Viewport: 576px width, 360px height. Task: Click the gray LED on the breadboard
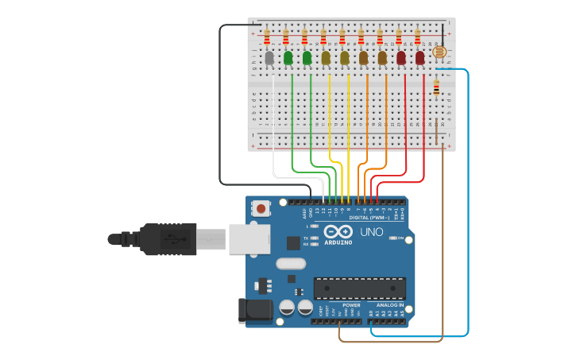[x=269, y=57]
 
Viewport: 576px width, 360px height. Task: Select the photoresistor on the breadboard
[x=438, y=53]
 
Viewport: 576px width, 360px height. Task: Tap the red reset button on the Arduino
[x=260, y=209]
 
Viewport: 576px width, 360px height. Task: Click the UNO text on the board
[x=372, y=232]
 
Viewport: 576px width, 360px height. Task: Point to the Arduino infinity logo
[x=338, y=230]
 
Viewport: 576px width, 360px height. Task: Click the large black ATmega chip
[x=359, y=288]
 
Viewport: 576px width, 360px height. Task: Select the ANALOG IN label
[x=389, y=305]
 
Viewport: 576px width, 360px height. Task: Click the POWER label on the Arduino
[x=351, y=305]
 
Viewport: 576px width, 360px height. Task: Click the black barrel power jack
[x=254, y=310]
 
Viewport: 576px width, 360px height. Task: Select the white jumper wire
[x=273, y=127]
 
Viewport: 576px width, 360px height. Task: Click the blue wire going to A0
[x=468, y=199]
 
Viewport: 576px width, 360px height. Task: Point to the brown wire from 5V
[x=442, y=238]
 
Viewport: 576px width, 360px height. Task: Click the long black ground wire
[x=220, y=103]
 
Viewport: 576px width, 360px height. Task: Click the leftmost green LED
[x=288, y=57]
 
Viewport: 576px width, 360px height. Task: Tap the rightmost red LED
[x=419, y=57]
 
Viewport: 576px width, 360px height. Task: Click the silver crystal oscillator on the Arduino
[x=290, y=264]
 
